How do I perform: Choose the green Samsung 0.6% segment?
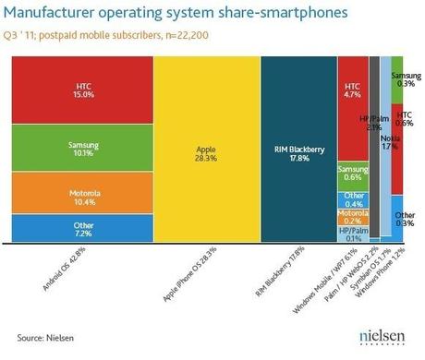tap(352, 174)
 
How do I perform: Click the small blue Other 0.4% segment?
tap(352, 198)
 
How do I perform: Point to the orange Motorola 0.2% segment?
tap(352, 218)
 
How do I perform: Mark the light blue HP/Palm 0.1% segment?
tap(352, 234)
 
